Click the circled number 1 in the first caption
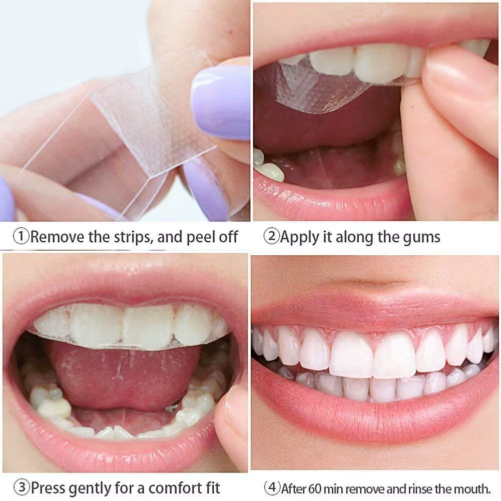coord(21,237)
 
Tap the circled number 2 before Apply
coord(271,237)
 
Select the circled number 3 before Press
coord(22,487)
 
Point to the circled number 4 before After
coord(272,488)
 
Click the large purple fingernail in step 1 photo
coord(220,103)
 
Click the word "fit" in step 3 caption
coord(213,488)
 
